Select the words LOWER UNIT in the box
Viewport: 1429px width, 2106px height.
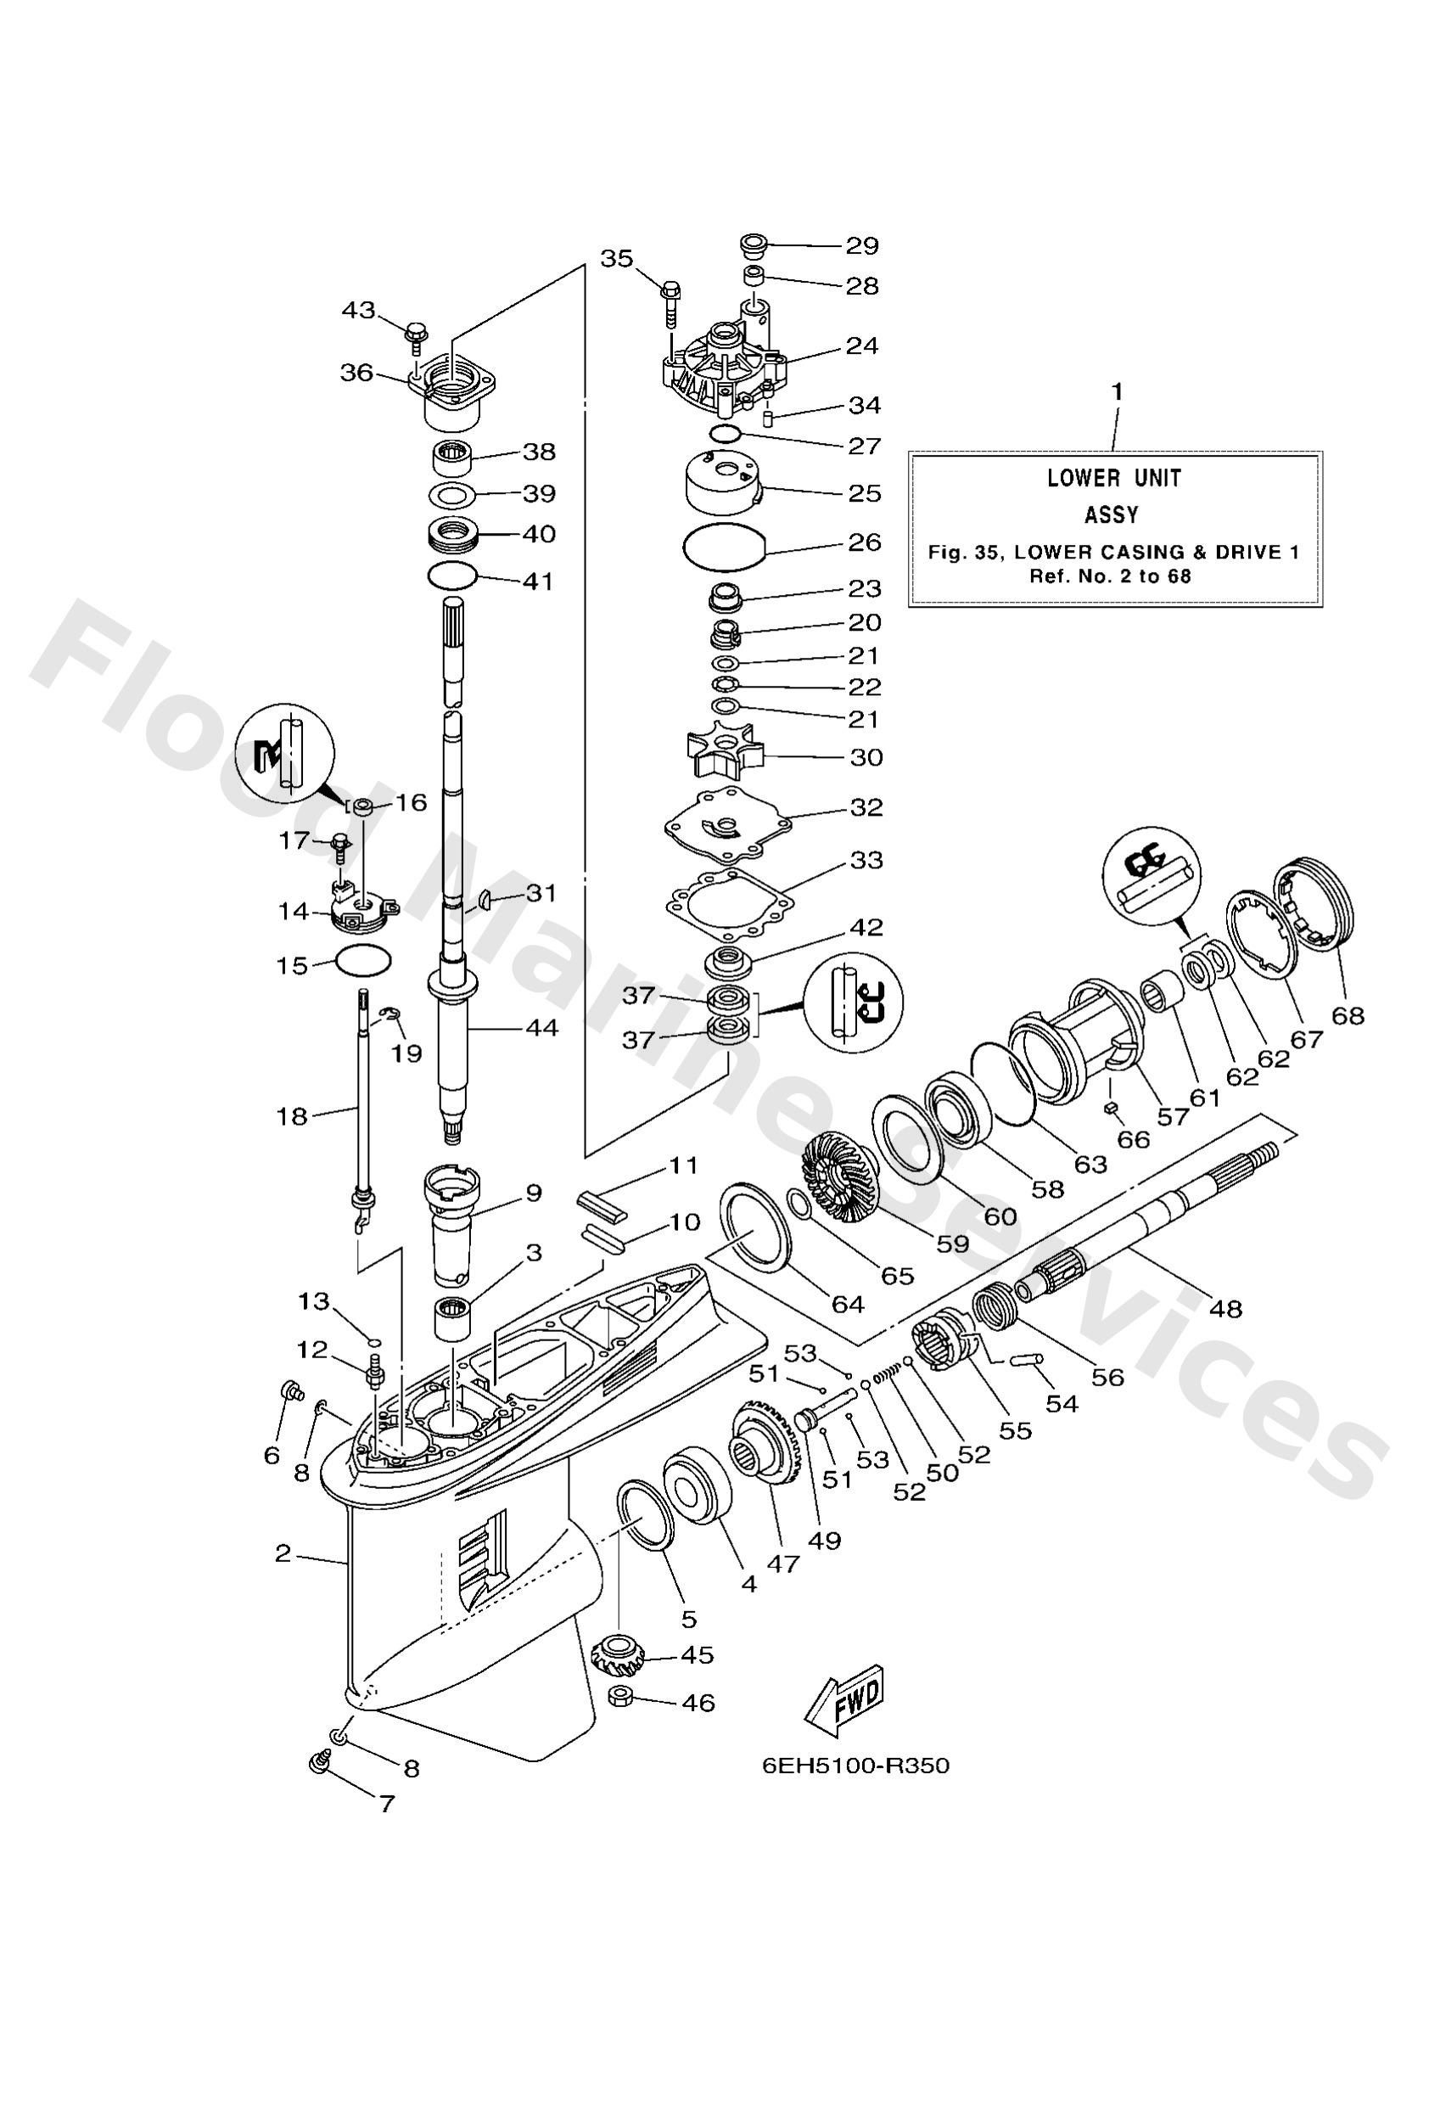1113,478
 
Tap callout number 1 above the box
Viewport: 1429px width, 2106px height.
1118,391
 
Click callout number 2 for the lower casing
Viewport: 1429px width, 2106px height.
283,1553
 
